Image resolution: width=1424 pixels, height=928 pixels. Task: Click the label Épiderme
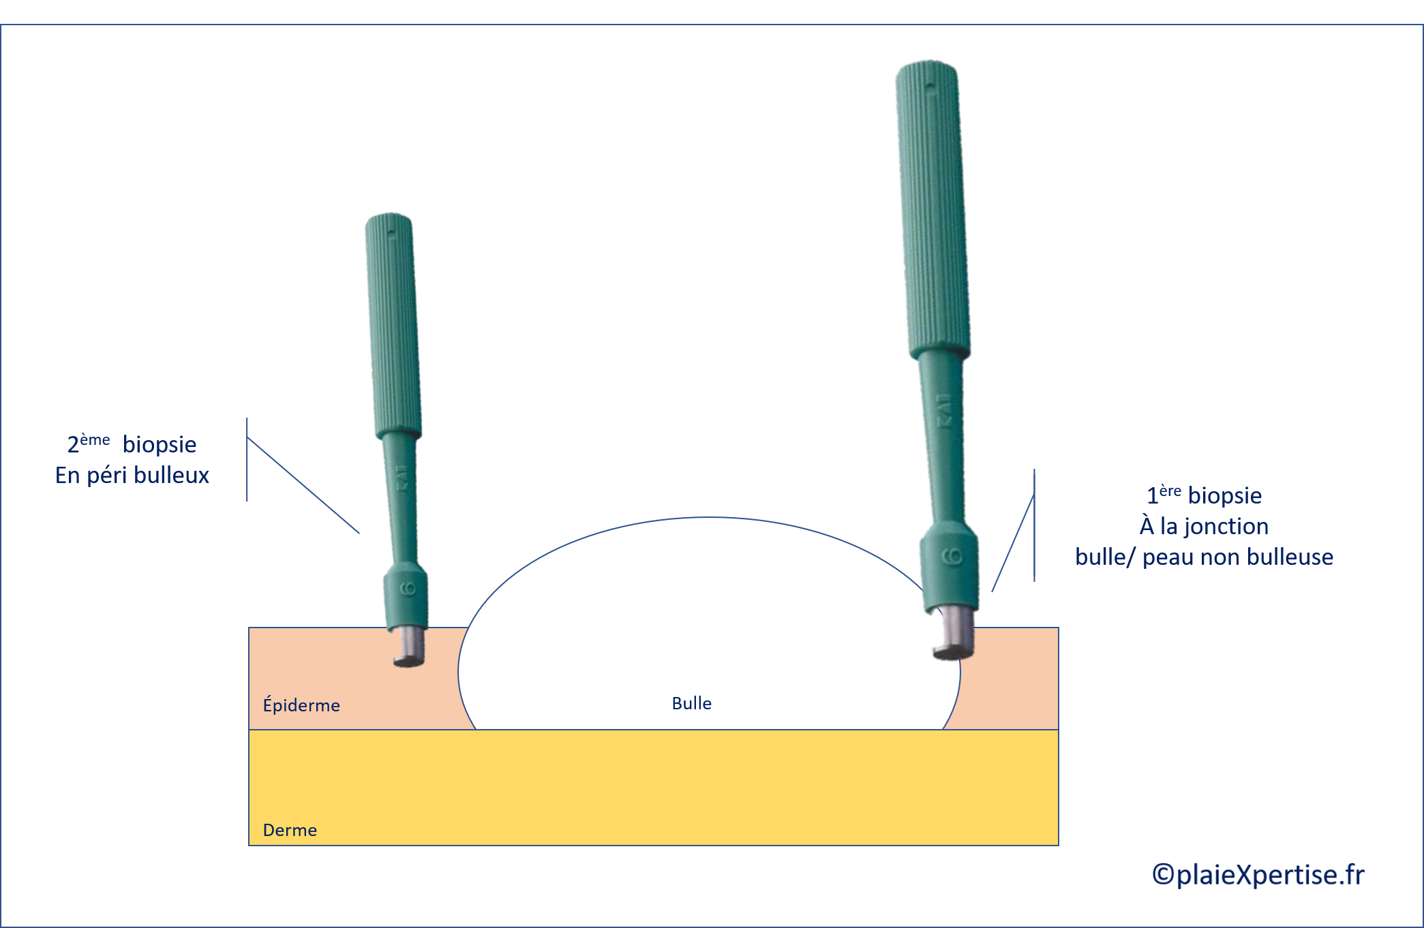pyautogui.click(x=301, y=705)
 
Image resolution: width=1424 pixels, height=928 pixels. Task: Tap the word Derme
pyautogui.click(x=290, y=830)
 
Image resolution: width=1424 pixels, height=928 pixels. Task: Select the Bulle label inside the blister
pyautogui.click(x=691, y=703)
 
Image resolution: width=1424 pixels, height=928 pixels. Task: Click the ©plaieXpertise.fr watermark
pyautogui.click(x=1258, y=874)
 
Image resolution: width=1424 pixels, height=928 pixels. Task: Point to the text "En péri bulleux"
pyautogui.click(x=132, y=475)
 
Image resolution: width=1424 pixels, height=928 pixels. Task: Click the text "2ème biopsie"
pyautogui.click(x=132, y=444)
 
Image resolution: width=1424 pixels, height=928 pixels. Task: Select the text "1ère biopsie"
pyautogui.click(x=1204, y=495)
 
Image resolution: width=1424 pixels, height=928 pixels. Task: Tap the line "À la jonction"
pyautogui.click(x=1204, y=526)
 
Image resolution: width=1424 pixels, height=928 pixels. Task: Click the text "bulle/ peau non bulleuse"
pyautogui.click(x=1204, y=557)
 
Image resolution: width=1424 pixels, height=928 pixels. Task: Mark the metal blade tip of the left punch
pyautogui.click(x=410, y=647)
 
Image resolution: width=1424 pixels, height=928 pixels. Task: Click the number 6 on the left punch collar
pyautogui.click(x=408, y=589)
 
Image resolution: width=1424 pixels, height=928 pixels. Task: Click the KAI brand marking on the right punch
pyautogui.click(x=943, y=412)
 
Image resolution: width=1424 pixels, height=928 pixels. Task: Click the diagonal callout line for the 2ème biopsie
pyautogui.click(x=303, y=485)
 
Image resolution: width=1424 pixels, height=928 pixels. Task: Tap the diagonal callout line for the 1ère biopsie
pyautogui.click(x=1013, y=542)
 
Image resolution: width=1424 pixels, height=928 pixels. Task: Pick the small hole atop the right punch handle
pyautogui.click(x=930, y=87)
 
